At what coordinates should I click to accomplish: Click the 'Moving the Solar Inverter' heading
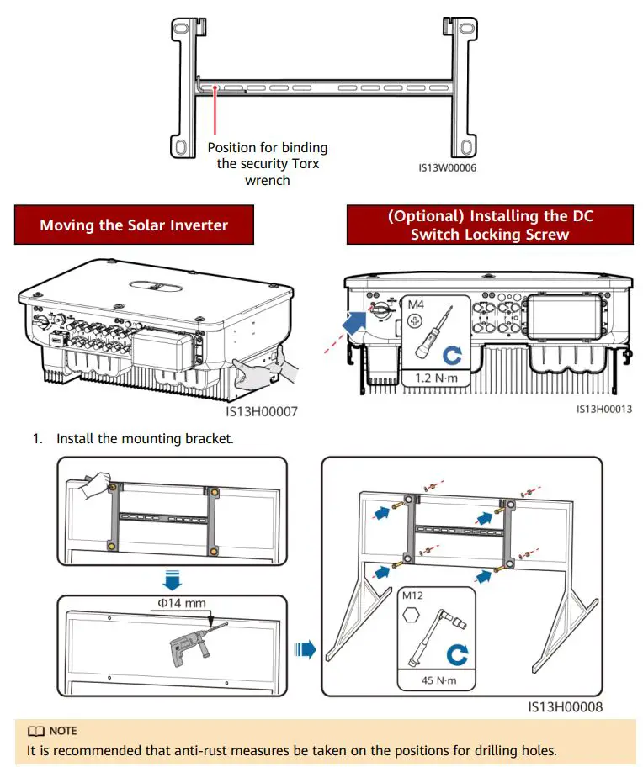click(134, 225)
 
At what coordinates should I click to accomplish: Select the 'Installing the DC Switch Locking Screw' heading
click(490, 225)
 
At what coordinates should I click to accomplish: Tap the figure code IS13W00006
click(448, 167)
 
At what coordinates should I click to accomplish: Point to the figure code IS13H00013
click(603, 409)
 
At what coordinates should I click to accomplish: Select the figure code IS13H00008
click(566, 707)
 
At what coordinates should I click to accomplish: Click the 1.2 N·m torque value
click(435, 378)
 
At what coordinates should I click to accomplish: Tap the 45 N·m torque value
click(439, 680)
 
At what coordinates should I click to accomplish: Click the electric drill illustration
click(189, 648)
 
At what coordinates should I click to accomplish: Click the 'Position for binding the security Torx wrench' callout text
click(268, 164)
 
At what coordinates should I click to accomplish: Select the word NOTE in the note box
click(62, 731)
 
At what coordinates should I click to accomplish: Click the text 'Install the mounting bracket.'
click(144, 439)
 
